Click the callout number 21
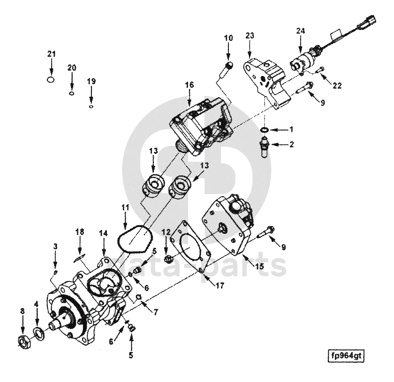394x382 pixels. tap(51, 54)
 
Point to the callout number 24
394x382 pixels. tap(300, 31)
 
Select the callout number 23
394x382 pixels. tap(249, 35)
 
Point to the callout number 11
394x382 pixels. tap(125, 206)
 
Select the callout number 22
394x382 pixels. tap(337, 85)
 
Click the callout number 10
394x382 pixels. tap(228, 38)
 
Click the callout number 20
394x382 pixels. tap(71, 68)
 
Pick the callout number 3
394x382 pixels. tap(55, 245)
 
